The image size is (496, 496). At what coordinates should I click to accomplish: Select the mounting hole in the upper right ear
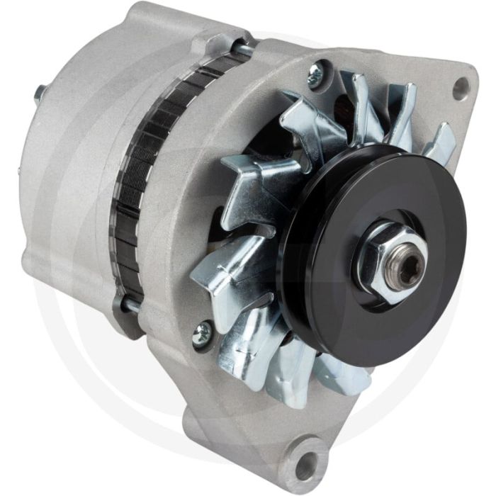pyautogui.click(x=461, y=87)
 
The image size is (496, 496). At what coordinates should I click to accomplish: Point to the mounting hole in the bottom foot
pyautogui.click(x=306, y=464)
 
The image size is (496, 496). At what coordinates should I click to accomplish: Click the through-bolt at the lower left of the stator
pyautogui.click(x=130, y=306)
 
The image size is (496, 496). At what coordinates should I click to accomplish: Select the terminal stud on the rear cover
pyautogui.click(x=40, y=93)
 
